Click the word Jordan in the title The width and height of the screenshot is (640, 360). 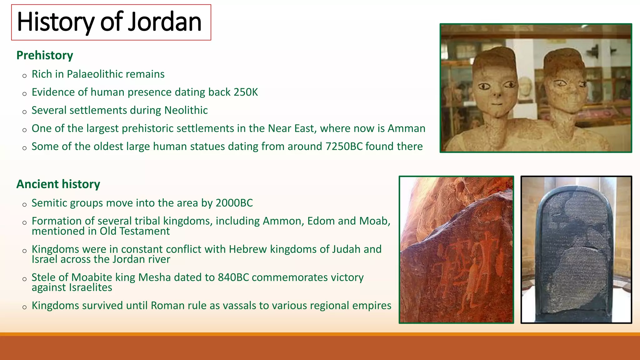[165, 22]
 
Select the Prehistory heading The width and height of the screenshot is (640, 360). [45, 55]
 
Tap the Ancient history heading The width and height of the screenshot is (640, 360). [58, 184]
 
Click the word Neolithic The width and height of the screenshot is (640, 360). [186, 110]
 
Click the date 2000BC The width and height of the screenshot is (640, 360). [234, 203]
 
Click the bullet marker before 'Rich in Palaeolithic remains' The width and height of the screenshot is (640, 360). [25, 76]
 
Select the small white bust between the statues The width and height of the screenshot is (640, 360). [526, 89]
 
